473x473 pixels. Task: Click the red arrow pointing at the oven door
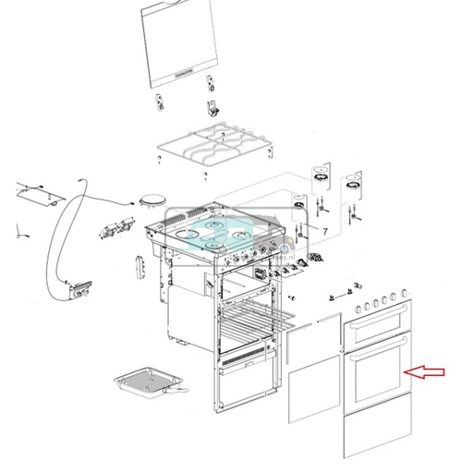coord(426,372)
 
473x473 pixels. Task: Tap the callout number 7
coord(324,227)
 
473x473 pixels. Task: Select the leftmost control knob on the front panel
coord(358,308)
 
